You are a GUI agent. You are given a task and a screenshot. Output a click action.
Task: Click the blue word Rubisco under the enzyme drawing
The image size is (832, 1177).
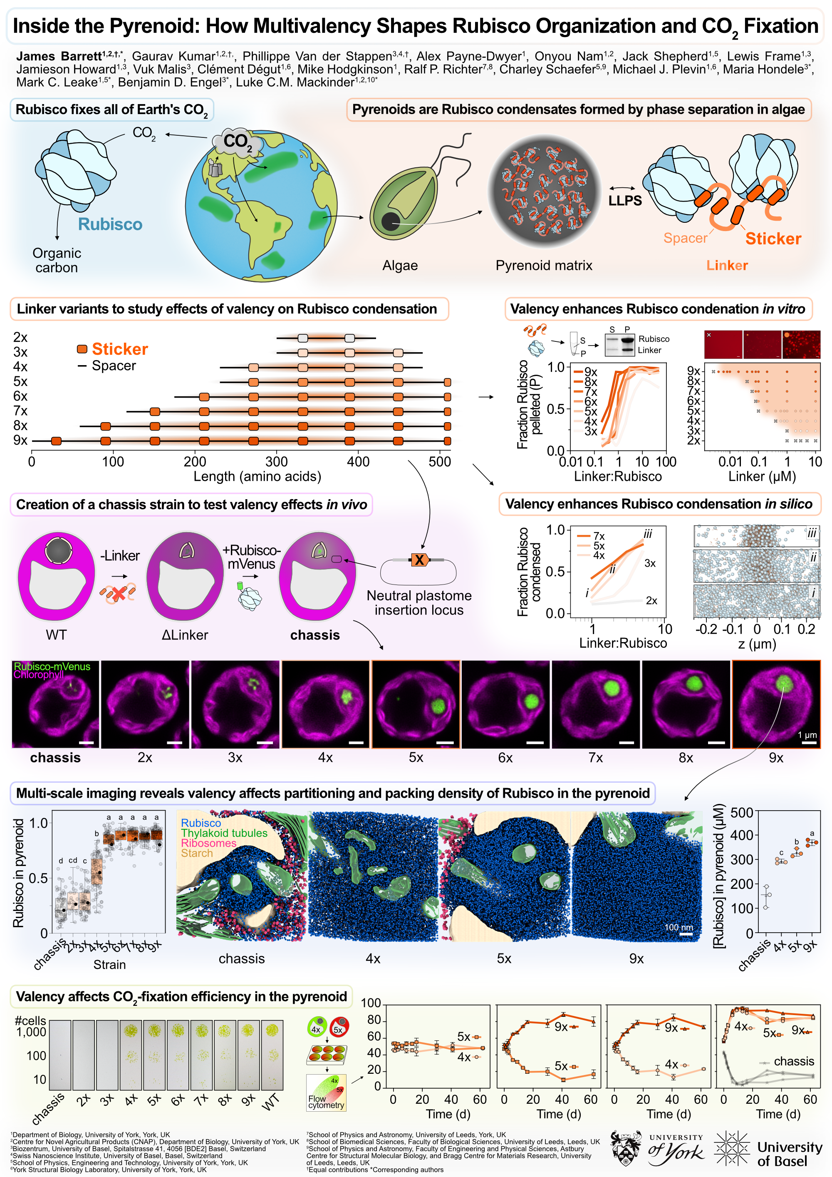click(110, 224)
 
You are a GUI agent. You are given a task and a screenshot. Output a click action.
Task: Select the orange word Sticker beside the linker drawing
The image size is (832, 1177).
click(773, 239)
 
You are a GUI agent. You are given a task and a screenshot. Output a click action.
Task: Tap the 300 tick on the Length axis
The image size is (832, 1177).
click(276, 461)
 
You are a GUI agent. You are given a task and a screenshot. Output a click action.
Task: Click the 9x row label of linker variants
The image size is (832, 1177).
click(20, 440)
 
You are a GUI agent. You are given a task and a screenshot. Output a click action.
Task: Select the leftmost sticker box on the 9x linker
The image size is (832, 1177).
click(56, 441)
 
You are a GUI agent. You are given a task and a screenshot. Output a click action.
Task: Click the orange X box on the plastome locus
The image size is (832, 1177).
click(419, 560)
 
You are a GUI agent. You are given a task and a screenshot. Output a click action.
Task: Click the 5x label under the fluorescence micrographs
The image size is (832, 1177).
click(416, 758)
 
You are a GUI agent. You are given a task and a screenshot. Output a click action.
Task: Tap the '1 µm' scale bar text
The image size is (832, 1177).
click(807, 735)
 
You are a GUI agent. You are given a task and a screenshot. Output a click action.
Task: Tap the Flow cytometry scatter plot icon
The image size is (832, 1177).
click(326, 1092)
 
